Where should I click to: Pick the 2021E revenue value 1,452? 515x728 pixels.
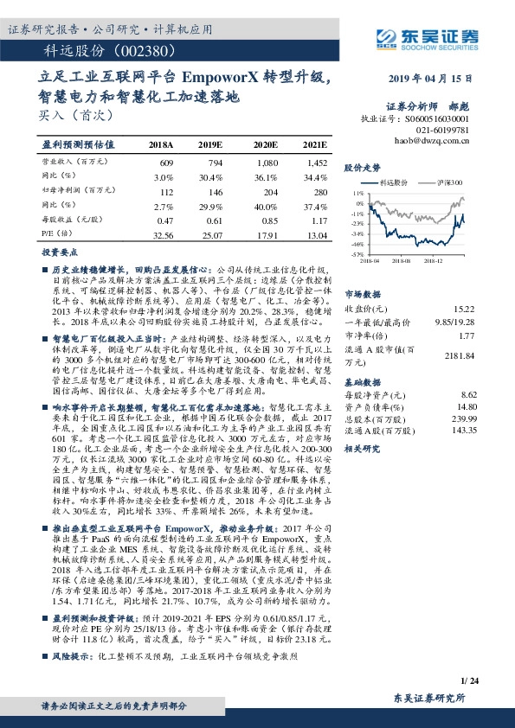[x=316, y=162]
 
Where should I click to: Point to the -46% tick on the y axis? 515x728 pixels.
[x=357, y=245]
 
